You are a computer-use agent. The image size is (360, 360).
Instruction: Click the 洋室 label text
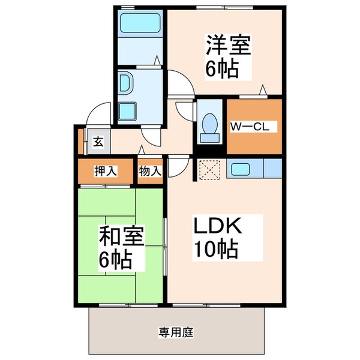229,46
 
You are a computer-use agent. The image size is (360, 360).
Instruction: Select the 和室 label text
121,238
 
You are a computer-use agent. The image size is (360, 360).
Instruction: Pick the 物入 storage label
150,172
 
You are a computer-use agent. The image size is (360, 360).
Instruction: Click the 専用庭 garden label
175,331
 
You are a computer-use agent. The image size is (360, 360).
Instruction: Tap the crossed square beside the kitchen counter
211,170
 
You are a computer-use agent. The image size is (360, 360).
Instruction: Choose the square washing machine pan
128,112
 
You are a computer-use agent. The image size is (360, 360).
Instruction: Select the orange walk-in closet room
254,127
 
